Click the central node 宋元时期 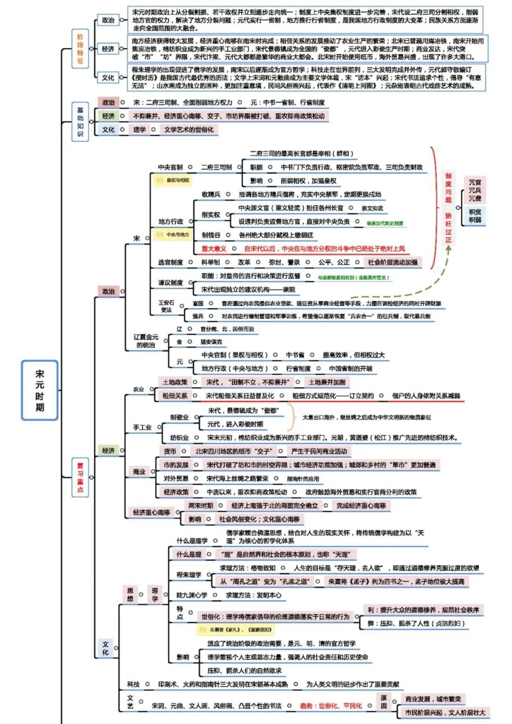40,390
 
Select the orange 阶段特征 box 80,49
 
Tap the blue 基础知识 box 80,121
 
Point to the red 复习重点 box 80,477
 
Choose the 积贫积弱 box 475,216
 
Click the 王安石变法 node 166,306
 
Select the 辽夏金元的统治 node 146,341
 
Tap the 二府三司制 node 216,167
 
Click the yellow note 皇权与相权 174,181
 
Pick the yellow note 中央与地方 174,235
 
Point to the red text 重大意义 214,248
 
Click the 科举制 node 210,262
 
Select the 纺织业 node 179,438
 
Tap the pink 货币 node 170,451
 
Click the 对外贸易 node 176,479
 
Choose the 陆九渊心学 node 192,595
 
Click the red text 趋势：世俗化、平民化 330,706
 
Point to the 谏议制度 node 170,283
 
